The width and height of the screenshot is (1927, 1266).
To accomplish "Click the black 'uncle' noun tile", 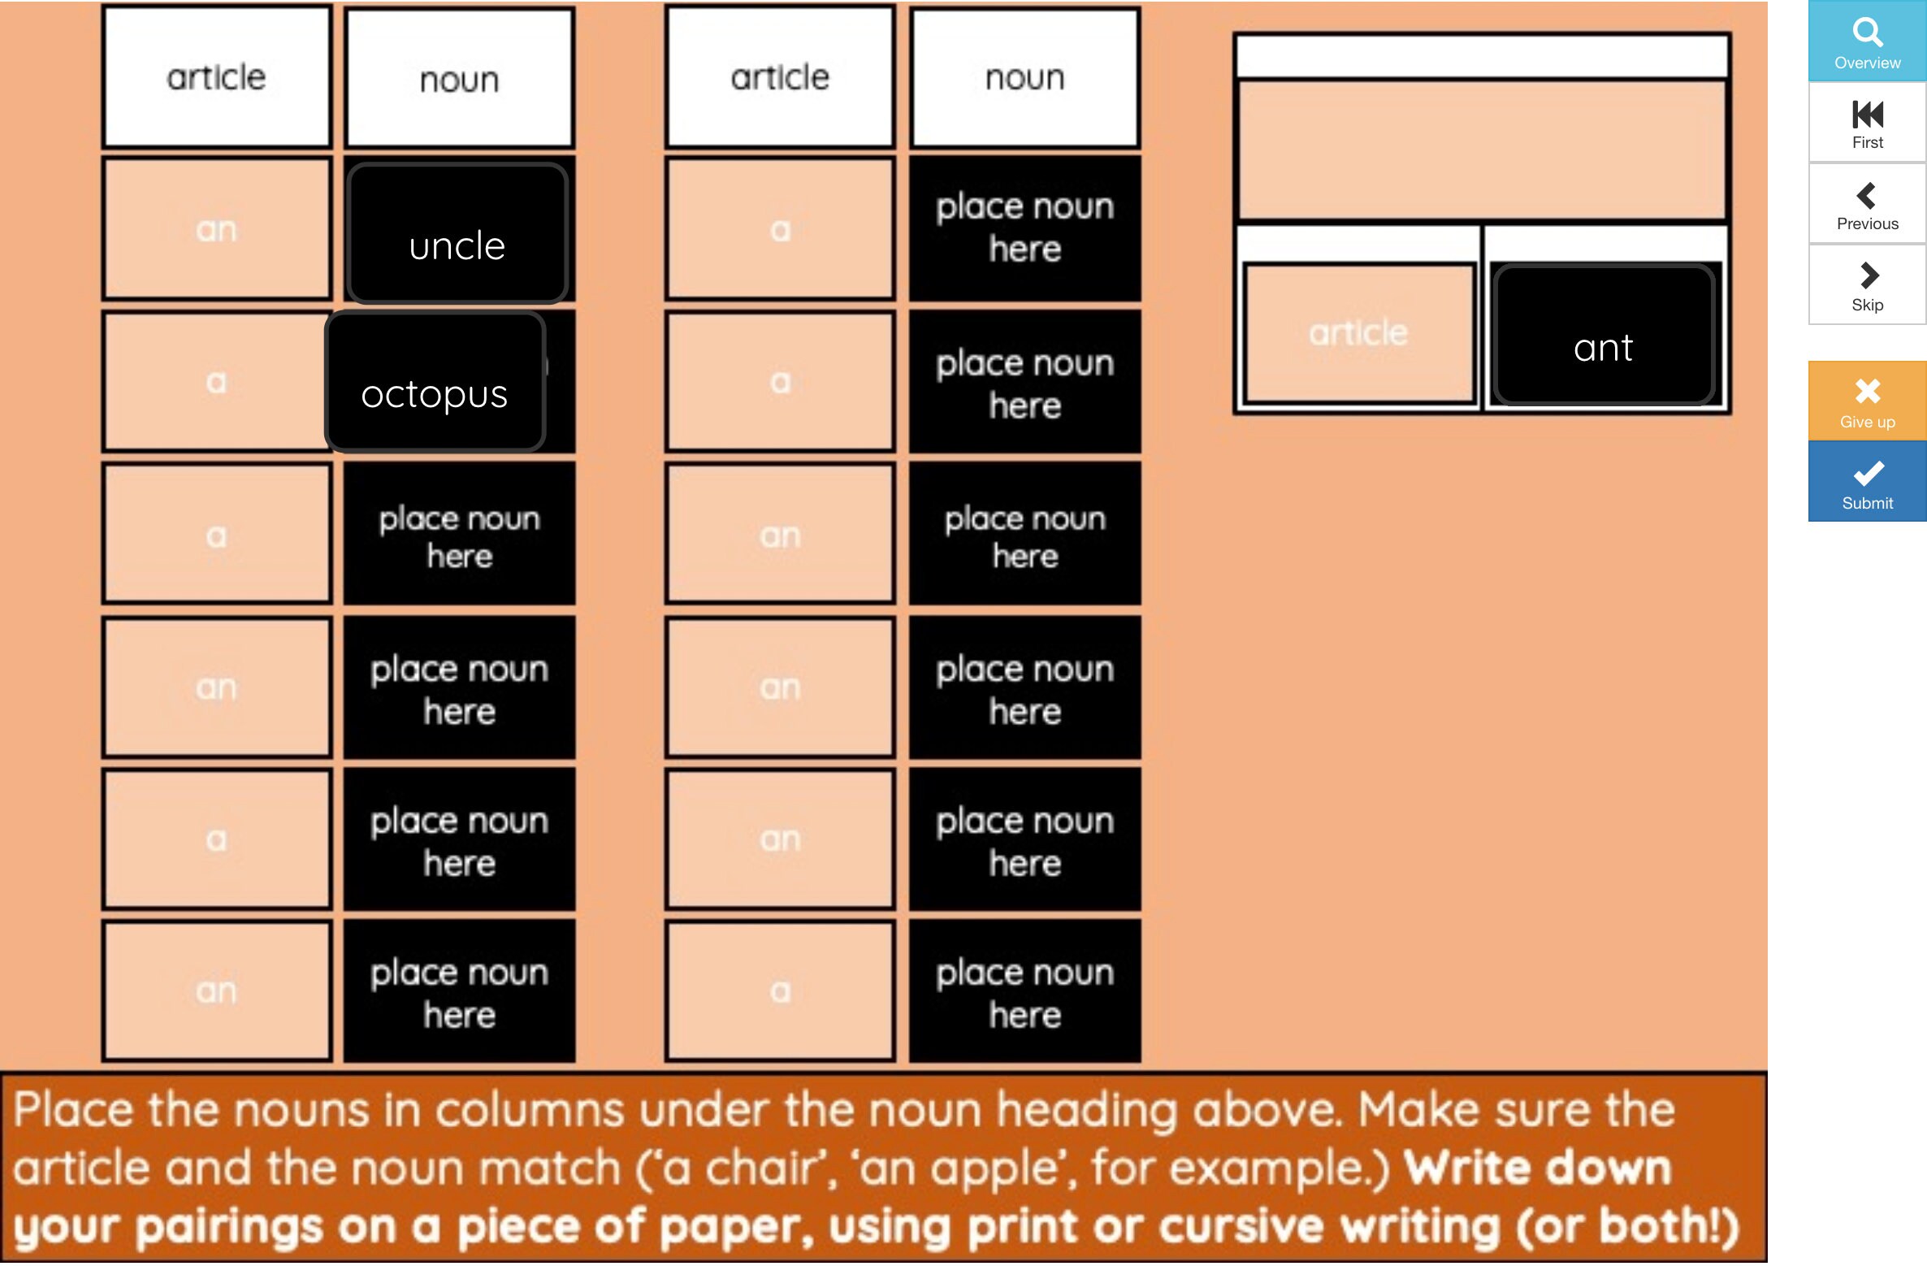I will (457, 234).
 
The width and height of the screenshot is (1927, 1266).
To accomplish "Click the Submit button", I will (1867, 483).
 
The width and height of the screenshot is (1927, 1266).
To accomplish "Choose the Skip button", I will (1867, 286).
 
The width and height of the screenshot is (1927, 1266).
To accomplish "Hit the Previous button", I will (1867, 205).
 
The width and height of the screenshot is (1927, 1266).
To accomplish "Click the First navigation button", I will (1867, 124).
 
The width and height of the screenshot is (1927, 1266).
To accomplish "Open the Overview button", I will (1867, 42).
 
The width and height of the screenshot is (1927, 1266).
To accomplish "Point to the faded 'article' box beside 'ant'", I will (1358, 333).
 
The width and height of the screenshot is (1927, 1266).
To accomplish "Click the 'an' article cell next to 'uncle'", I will (216, 230).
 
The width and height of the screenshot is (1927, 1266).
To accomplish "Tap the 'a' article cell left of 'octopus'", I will (216, 382).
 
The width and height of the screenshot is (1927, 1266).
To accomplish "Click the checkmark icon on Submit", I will (1868, 473).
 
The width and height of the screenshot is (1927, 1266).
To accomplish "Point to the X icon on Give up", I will (1868, 392).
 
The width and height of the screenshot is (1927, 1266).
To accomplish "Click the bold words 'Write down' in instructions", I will (1537, 1168).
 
